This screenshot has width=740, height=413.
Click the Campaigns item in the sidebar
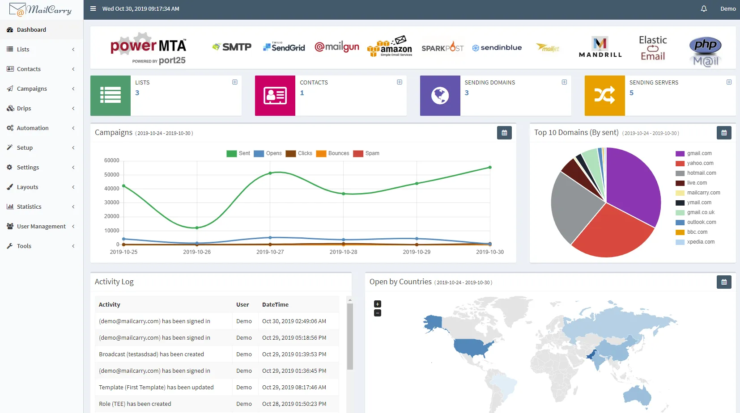pos(32,88)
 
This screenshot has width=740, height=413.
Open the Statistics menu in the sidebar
pos(29,206)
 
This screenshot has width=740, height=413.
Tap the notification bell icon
pos(704,8)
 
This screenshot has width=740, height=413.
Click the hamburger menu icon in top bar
pos(93,8)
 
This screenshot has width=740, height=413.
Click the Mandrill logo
pos(600,47)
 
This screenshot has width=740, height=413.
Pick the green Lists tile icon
pos(111,95)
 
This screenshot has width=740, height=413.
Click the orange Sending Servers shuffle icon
pos(604,95)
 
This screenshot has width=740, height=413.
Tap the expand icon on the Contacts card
pos(400,82)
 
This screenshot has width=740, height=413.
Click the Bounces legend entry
pos(333,153)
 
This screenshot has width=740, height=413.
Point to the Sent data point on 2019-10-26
pos(197,228)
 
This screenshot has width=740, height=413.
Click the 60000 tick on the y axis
pos(112,160)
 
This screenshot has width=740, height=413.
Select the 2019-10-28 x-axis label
pos(343,252)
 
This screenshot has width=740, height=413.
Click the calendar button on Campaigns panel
pos(504,133)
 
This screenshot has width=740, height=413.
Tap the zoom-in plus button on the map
pos(378,304)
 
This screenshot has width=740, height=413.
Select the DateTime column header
pos(275,304)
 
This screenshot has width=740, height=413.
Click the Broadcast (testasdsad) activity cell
pos(151,354)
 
